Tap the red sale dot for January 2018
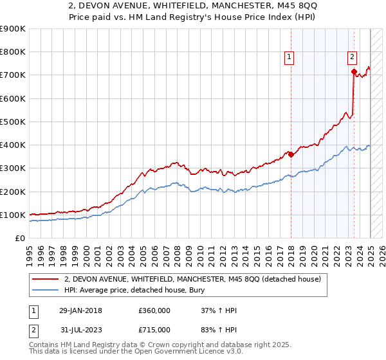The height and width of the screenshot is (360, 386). tap(291, 154)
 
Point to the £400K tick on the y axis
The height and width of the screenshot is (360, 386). tap(14, 145)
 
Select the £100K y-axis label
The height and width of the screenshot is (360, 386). tap(14, 215)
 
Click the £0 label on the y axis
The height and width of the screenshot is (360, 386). tap(19, 239)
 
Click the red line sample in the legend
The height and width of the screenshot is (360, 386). tap(45, 279)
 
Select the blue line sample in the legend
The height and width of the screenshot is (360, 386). tap(45, 290)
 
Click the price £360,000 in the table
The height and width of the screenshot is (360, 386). tap(154, 310)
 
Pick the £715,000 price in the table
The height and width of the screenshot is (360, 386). tap(154, 330)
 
